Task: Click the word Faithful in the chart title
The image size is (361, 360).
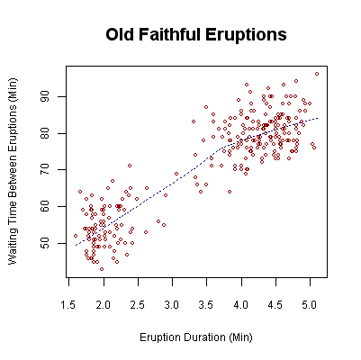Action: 188,35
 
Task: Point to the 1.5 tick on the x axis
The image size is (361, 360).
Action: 69,305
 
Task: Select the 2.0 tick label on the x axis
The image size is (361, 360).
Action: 104,305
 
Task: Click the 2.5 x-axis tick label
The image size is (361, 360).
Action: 138,305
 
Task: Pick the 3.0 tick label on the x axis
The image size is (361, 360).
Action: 172,305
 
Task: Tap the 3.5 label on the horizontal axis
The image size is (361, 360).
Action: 206,305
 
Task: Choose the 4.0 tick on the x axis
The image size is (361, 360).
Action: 240,305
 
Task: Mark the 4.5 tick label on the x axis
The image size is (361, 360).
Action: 275,305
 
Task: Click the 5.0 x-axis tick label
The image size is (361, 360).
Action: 309,305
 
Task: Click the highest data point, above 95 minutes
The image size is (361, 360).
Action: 317,74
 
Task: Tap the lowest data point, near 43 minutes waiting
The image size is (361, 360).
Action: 102,268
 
